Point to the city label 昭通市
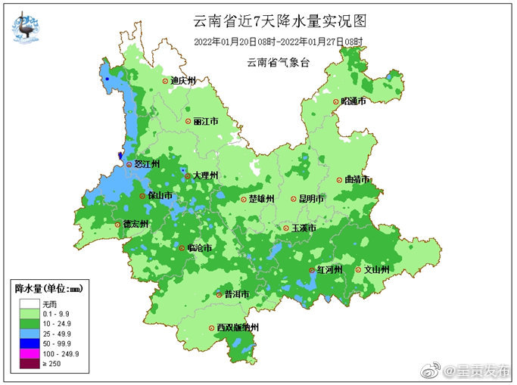coord(353,101)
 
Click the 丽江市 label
coord(206,121)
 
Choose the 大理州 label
coord(205,175)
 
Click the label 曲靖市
coord(357,180)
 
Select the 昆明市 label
coord(311,199)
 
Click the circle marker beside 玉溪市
coord(285,228)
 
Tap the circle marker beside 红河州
coord(310,270)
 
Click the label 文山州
coord(377,269)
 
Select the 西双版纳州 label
coord(238,328)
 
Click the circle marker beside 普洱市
coord(219,295)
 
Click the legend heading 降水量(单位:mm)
coord(51,288)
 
